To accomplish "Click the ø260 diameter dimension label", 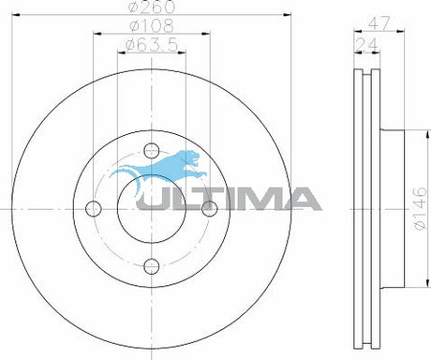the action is (152, 7).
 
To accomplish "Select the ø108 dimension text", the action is (152, 25).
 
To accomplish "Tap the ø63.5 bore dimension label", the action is (152, 45).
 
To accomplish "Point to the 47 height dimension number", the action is (379, 23).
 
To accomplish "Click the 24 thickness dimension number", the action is (367, 45).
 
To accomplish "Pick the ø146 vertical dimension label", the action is (420, 209).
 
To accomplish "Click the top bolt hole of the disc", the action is (152, 151).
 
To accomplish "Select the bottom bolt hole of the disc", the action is (152, 266).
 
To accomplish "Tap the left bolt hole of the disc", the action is (94, 209).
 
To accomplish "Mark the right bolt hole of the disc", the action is (209, 209).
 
